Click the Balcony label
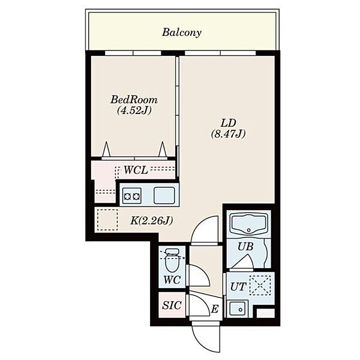[x=182, y=32]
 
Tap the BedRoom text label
[x=134, y=100]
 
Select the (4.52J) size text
[x=134, y=110]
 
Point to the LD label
[x=228, y=123]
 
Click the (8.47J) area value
[x=228, y=134]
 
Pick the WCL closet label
[x=136, y=170]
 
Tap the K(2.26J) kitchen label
[x=152, y=221]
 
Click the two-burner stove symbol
[x=131, y=196]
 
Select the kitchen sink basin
[x=164, y=196]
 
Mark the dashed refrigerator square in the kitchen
[x=107, y=220]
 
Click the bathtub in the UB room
[x=248, y=224]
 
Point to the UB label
[x=245, y=247]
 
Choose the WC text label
[x=172, y=280]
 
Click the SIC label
[x=172, y=305]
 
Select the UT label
[x=238, y=287]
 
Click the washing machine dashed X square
[x=260, y=285]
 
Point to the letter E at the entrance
[x=215, y=309]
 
